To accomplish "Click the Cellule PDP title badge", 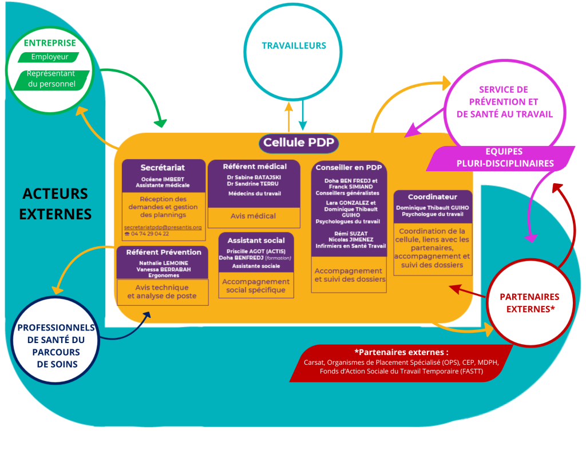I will click(x=298, y=143).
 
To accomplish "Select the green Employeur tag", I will click(x=50, y=57).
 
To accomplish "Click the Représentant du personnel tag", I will click(x=52, y=79).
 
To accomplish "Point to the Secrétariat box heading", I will click(x=163, y=168).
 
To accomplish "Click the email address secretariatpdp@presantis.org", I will click(x=163, y=227).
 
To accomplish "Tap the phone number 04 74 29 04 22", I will click(x=150, y=234).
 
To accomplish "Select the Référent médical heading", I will click(x=255, y=166).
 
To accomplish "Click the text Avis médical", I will click(x=253, y=216).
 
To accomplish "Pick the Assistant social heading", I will click(x=256, y=241).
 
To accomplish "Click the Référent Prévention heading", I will click(x=164, y=252).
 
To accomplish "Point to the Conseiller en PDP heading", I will click(x=349, y=168).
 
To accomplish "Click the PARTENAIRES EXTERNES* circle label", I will click(x=529, y=302).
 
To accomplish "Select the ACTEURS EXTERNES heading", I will click(x=56, y=203).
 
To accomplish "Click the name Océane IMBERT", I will click(x=163, y=179).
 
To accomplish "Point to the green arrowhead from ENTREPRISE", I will click(x=161, y=123).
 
